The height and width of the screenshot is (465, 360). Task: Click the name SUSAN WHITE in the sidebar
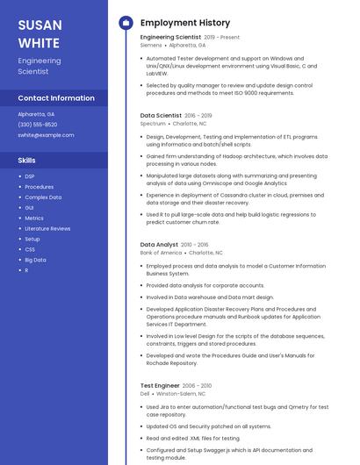[x=39, y=32]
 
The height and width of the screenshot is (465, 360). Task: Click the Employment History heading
[x=184, y=23]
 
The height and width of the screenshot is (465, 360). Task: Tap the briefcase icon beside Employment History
[x=125, y=23]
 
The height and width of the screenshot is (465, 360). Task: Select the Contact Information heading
[x=56, y=98]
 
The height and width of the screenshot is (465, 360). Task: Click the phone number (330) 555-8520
[x=38, y=125]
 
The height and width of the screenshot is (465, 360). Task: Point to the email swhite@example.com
[x=46, y=135]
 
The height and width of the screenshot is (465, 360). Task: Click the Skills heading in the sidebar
[x=27, y=161]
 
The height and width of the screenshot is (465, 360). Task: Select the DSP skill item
[x=30, y=176]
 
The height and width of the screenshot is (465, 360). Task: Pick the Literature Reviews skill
[x=47, y=228]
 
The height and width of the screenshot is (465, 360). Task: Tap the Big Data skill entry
[x=35, y=260]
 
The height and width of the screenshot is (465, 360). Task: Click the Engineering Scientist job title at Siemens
[x=170, y=38]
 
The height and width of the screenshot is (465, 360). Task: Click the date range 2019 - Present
[x=221, y=38]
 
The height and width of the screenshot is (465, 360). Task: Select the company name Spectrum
[x=153, y=124]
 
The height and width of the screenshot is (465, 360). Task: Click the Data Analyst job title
[x=159, y=245]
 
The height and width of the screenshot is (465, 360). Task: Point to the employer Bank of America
[x=161, y=253]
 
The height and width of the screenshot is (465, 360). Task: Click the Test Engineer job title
[x=160, y=385]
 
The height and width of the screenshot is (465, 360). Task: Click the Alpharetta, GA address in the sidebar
[x=36, y=114]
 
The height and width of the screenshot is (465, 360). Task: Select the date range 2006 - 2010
[x=197, y=385]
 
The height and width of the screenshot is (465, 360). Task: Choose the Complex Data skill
[x=43, y=197]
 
